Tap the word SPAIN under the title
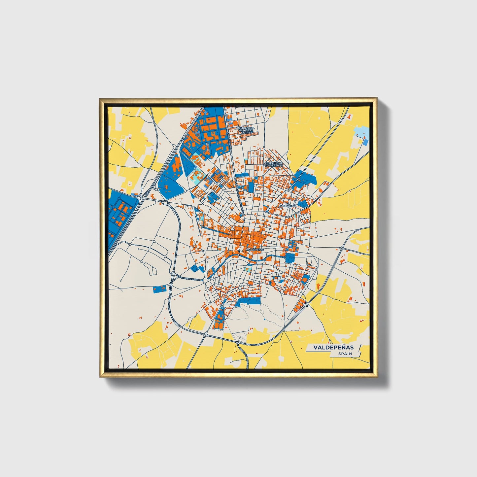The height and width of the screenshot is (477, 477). (345, 354)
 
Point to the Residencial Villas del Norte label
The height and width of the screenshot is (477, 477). (246, 130)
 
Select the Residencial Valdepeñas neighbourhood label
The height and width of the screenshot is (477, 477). (274, 164)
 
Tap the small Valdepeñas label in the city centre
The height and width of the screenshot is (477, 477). (255, 250)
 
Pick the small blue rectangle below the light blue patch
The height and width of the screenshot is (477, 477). (365, 142)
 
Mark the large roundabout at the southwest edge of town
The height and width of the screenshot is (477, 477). (205, 280)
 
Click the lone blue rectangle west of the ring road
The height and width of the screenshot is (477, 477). (160, 289)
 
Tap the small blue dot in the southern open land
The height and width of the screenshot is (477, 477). (264, 320)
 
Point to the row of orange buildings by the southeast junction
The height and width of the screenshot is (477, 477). (299, 304)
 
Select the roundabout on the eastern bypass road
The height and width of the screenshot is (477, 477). (342, 248)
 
